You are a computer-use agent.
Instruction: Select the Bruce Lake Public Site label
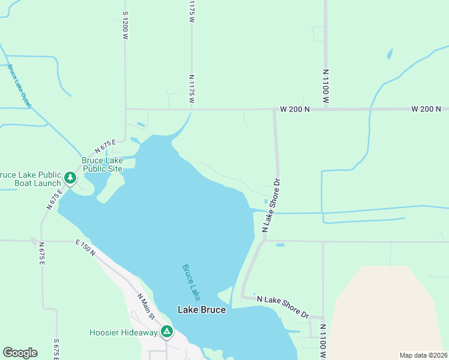click(x=102, y=164)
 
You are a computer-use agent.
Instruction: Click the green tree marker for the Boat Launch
click(x=70, y=178)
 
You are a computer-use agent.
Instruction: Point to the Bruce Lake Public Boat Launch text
click(x=30, y=179)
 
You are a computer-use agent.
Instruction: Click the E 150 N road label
click(x=86, y=248)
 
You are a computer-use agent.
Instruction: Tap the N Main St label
click(x=146, y=306)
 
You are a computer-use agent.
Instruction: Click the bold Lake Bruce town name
click(x=202, y=310)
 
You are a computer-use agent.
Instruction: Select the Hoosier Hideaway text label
click(x=123, y=332)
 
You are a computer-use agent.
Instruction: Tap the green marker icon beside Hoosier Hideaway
click(x=166, y=331)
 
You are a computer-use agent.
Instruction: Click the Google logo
click(x=20, y=353)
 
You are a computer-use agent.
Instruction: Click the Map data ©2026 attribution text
click(x=423, y=355)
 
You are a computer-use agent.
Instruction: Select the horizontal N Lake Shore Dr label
click(x=282, y=307)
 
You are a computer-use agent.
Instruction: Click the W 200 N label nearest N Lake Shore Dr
click(x=295, y=109)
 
